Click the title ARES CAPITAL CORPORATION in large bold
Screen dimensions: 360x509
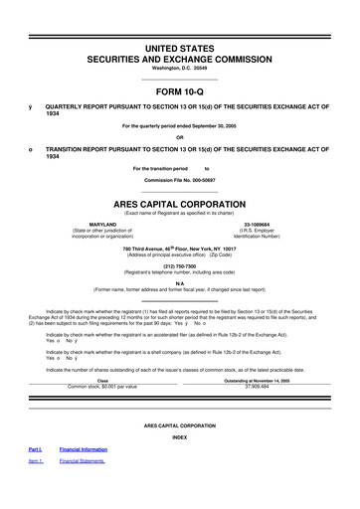tap(179, 197)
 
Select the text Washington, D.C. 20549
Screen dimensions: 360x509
tap(179, 54)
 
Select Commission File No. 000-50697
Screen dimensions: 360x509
tap(179, 180)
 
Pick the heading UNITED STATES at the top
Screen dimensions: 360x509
tap(179, 20)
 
